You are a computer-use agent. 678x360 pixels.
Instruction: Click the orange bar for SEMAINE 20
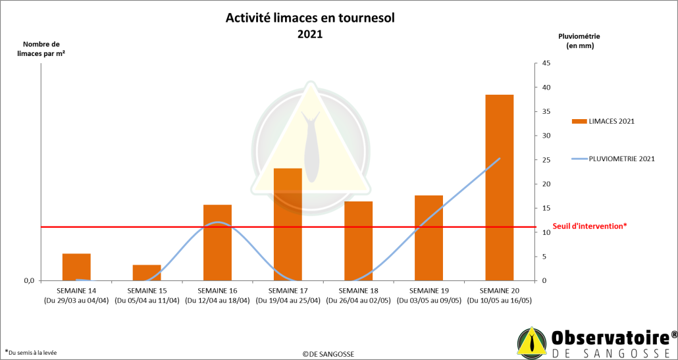(499, 188)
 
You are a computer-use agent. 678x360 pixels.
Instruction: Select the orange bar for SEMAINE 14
(76, 267)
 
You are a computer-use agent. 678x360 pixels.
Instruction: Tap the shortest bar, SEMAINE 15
(147, 272)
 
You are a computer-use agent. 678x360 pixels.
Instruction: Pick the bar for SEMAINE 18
(358, 241)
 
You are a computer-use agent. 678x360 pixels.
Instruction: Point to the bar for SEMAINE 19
(429, 238)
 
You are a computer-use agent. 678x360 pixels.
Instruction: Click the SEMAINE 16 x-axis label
(217, 290)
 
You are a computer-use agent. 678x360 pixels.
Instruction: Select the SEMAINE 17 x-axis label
(288, 290)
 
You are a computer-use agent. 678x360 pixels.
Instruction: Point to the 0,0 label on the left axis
(28, 281)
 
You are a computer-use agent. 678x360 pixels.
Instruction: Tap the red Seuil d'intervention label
(589, 226)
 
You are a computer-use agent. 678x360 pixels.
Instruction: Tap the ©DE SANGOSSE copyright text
(328, 353)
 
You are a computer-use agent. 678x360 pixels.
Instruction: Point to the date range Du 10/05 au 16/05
(499, 301)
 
